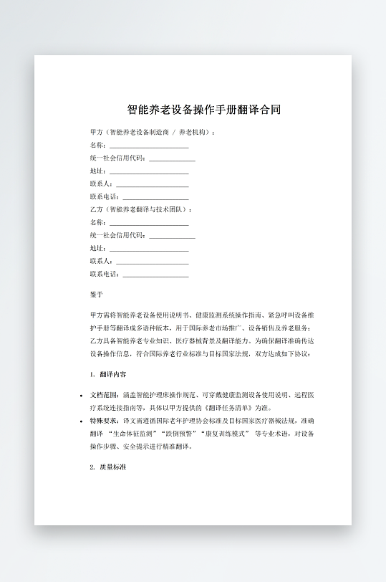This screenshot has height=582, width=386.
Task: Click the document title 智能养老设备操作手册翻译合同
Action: tap(203, 110)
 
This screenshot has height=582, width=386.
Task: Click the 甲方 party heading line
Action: tap(152, 133)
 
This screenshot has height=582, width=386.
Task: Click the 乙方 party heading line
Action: tap(141, 209)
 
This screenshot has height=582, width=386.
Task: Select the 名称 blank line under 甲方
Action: tap(149, 145)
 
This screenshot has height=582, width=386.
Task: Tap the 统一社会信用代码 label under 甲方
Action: tap(118, 158)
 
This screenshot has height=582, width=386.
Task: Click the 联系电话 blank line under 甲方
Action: tap(155, 197)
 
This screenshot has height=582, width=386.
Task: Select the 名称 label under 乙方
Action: tap(97, 222)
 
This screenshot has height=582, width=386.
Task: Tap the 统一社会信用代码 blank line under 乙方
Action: tap(172, 236)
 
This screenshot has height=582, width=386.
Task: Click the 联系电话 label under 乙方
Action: tap(105, 275)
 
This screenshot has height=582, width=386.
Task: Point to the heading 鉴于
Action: tap(97, 295)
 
